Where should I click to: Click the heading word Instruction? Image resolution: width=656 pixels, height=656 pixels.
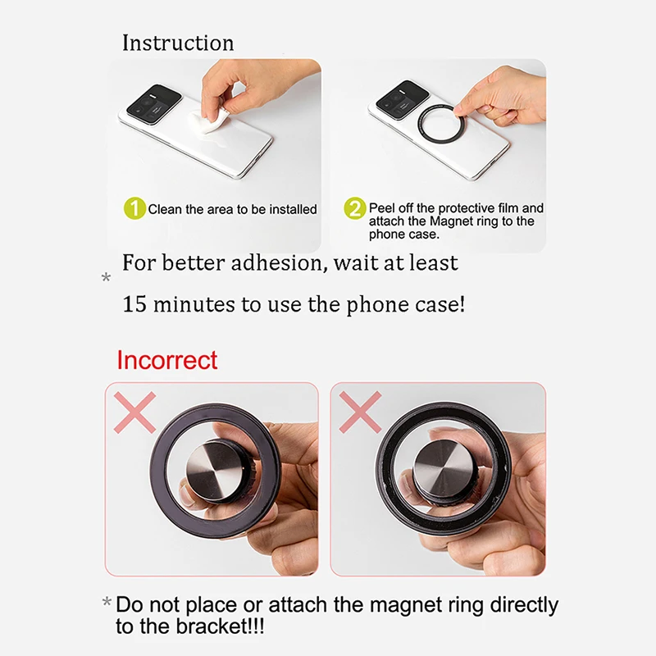178,43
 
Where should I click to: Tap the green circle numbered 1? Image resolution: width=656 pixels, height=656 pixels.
134,208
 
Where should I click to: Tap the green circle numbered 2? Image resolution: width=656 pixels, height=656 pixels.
355,208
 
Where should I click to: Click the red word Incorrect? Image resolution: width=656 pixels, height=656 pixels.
167,360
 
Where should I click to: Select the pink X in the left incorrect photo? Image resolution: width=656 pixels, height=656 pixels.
134,412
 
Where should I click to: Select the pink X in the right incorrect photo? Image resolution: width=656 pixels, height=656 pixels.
360,412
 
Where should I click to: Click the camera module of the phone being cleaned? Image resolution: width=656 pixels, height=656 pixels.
154,102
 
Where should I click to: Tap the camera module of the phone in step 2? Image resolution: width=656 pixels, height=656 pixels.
403,98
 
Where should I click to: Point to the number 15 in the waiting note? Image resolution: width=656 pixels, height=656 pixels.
134,304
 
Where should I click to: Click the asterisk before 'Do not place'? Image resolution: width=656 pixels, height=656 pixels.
107,603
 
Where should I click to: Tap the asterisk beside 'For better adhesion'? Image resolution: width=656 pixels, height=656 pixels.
107,277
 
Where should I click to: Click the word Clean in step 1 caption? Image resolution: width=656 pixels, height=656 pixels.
166,209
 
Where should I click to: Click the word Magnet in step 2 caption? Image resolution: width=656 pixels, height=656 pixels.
452,221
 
